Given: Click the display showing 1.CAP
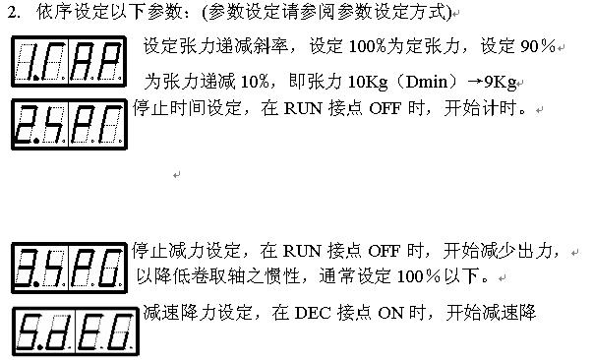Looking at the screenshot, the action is click(x=69, y=62).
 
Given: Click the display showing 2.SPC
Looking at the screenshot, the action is click(x=69, y=124).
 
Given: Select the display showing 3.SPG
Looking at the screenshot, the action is click(x=69, y=268).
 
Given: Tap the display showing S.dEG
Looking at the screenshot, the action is click(x=76, y=331).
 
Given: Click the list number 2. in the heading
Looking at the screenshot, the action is click(x=14, y=13).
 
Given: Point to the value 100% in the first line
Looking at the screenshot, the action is click(x=367, y=46).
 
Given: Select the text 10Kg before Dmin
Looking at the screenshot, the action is click(x=367, y=82).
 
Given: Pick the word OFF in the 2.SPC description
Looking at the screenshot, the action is click(x=385, y=109).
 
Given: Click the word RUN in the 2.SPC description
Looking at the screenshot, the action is click(x=303, y=109).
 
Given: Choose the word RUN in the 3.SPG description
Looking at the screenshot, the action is click(x=302, y=251).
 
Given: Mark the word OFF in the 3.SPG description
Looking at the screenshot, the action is click(x=384, y=251).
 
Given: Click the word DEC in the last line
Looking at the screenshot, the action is click(x=313, y=314).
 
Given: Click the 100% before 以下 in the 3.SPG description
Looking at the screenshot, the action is click(x=419, y=276).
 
